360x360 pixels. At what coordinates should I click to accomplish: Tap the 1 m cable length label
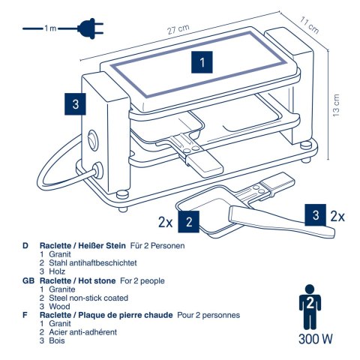point(49,29)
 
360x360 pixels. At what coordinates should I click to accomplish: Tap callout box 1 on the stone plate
point(201,63)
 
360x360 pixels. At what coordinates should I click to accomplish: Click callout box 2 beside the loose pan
point(191,221)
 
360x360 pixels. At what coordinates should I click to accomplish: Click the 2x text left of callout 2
point(166,222)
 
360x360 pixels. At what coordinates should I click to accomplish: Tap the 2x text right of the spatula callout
point(339,216)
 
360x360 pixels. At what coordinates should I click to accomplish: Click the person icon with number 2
point(307,307)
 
